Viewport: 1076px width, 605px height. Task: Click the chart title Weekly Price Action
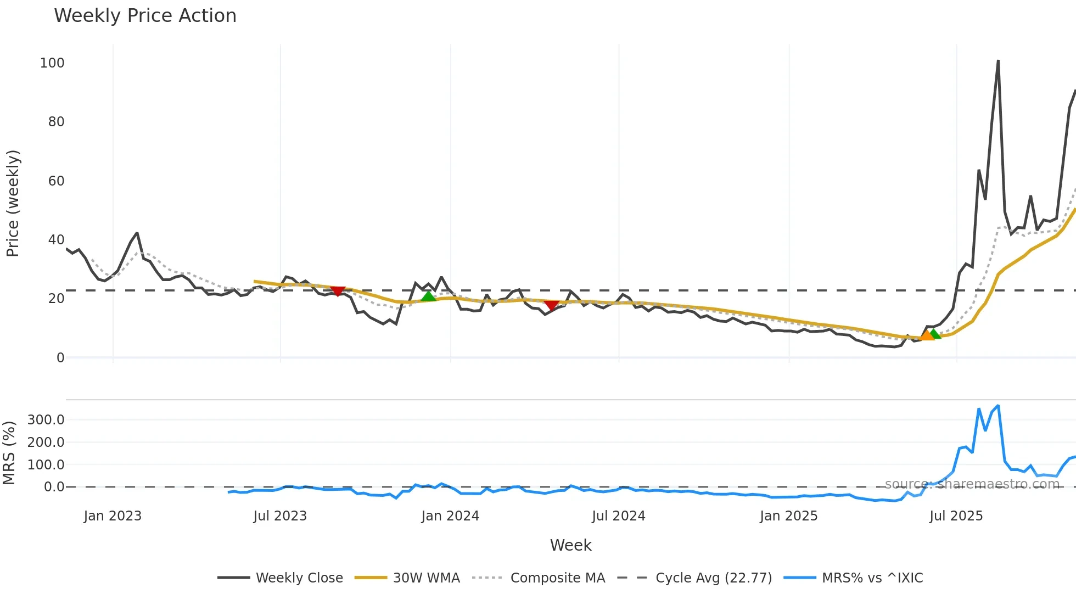coord(145,16)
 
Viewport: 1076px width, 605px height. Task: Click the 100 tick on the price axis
coord(52,63)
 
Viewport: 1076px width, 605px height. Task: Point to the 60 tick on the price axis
coord(56,181)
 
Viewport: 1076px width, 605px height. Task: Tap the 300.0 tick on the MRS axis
coord(46,420)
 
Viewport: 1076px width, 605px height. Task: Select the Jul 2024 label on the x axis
coord(618,516)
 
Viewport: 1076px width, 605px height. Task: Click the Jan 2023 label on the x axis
coord(113,516)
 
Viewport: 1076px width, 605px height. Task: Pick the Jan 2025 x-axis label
coord(788,516)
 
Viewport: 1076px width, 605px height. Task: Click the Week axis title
coord(570,545)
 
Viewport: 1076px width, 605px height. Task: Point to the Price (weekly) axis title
coord(13,203)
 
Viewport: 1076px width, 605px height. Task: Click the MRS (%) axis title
coord(9,453)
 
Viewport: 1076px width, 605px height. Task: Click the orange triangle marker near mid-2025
coord(927,335)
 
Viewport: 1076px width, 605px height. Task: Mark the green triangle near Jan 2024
coord(428,296)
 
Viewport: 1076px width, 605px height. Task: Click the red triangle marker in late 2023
coord(338,291)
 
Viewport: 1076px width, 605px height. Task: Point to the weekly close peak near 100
coord(997,61)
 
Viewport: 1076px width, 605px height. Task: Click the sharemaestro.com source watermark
coord(972,484)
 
